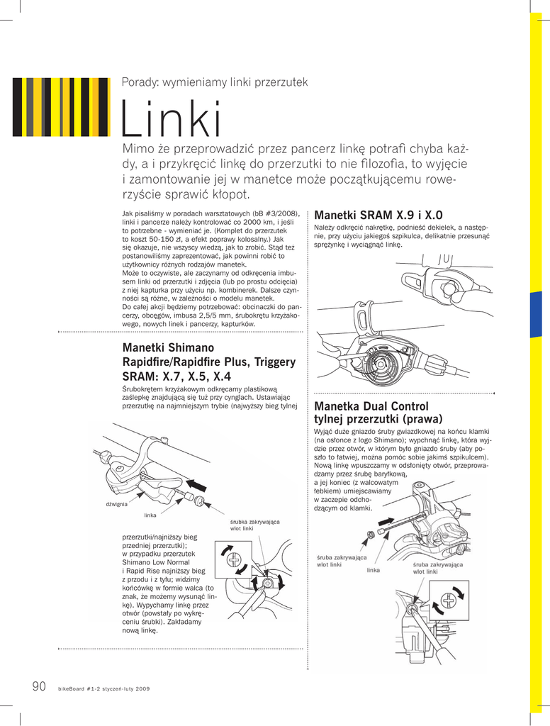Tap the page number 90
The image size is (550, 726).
39,686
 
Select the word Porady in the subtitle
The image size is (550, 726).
140,82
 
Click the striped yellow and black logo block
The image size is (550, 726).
61,106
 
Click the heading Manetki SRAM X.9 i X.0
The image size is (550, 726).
378,215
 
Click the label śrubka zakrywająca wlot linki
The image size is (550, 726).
254,525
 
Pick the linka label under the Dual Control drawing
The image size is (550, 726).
374,570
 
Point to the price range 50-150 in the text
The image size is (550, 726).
151,239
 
